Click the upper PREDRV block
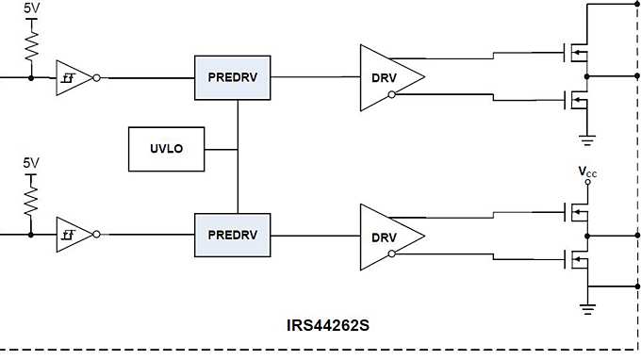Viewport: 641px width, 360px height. point(233,76)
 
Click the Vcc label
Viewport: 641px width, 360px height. point(588,172)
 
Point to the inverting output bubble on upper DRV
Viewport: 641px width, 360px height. point(390,95)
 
